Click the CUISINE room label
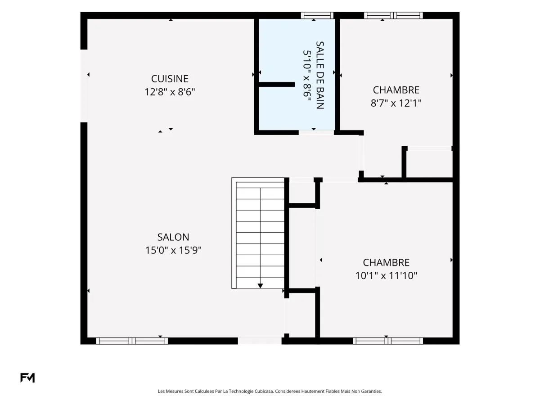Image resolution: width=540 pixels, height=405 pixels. (x=170, y=79)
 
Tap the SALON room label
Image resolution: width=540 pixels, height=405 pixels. (x=173, y=237)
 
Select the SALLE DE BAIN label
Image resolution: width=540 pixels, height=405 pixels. (x=320, y=75)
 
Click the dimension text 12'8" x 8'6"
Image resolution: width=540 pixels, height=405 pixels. (x=170, y=92)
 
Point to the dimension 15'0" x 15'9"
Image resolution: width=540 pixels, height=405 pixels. (x=173, y=250)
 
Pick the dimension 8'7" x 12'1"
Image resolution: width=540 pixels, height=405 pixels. (x=396, y=103)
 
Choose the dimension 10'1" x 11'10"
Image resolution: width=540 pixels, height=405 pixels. (x=386, y=276)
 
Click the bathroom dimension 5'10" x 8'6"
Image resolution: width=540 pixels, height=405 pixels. (x=307, y=76)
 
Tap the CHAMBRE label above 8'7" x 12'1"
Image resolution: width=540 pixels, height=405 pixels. (x=396, y=90)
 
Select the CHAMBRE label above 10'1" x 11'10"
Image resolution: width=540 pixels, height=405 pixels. (x=386, y=263)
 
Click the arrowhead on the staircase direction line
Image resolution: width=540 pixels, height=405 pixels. (x=260, y=286)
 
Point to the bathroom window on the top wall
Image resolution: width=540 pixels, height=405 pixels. (x=317, y=15)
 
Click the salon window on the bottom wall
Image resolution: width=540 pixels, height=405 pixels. (x=132, y=341)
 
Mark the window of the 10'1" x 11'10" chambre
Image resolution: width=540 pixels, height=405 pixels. (x=388, y=341)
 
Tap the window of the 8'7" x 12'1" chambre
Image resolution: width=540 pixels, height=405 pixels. (x=393, y=15)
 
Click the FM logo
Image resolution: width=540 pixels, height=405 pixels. (x=27, y=378)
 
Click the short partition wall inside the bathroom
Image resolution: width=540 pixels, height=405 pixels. (x=277, y=85)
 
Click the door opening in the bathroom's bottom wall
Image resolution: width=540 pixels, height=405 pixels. (x=316, y=133)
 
